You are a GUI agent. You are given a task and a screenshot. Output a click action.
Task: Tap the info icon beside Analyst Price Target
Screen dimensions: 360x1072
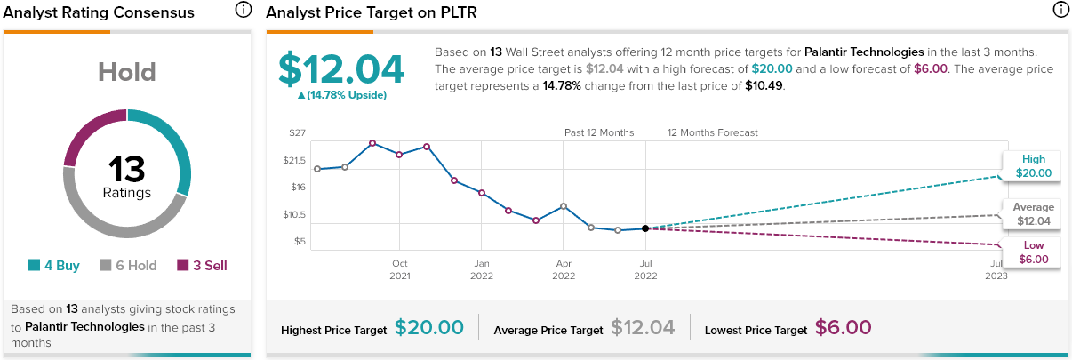tap(1060, 11)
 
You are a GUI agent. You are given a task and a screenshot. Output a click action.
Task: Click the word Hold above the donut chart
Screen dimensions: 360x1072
tap(127, 72)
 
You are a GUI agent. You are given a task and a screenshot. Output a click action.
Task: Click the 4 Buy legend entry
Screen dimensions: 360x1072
tap(54, 265)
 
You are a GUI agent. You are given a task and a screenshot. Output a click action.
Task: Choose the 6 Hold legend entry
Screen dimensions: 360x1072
tap(130, 265)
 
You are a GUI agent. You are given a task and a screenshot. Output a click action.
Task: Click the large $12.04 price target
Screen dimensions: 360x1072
tap(341, 69)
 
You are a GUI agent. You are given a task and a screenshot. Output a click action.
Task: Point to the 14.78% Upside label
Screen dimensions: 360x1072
tap(341, 95)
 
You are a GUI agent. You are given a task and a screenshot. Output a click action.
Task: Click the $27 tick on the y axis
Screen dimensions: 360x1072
tap(297, 133)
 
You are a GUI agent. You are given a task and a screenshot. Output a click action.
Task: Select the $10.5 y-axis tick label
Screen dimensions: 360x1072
tap(293, 214)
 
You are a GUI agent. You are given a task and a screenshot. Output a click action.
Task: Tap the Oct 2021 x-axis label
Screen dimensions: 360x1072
tap(400, 269)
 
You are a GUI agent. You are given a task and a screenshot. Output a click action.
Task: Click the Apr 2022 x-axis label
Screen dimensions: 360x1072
tap(564, 269)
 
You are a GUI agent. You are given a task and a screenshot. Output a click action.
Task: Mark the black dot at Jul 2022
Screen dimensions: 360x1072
tap(645, 228)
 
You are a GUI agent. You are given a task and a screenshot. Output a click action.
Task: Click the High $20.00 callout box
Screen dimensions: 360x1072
tap(1033, 166)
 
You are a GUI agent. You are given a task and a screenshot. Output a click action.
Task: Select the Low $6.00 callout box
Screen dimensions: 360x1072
tap(1033, 252)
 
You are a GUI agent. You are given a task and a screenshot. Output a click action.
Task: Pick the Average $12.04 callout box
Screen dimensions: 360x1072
tap(1033, 214)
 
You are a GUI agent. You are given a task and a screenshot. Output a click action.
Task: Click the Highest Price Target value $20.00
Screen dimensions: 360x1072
tap(429, 328)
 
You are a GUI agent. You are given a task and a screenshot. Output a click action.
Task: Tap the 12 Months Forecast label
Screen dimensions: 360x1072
tap(713, 132)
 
